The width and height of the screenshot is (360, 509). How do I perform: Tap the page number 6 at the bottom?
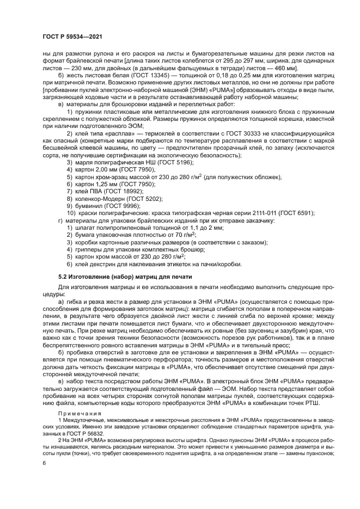click(x=44, y=463)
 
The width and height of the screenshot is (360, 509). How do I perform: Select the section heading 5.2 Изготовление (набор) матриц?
click(x=125, y=277)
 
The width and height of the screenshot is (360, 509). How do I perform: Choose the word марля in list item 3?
click(x=85, y=162)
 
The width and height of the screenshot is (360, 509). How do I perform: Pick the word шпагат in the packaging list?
click(x=86, y=228)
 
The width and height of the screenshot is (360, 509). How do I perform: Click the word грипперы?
click(x=90, y=249)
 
